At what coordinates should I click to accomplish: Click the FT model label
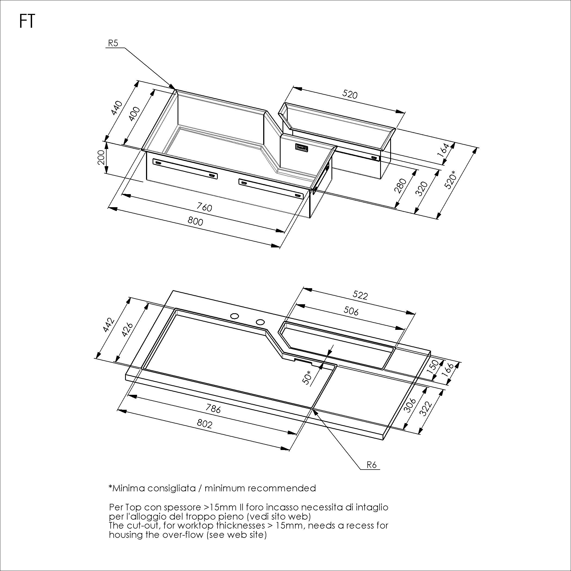27,21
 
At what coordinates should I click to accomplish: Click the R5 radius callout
113,43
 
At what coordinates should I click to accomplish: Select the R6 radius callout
371,465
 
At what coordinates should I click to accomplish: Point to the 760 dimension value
204,207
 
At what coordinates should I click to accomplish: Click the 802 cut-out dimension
204,424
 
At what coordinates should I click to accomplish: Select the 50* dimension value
307,377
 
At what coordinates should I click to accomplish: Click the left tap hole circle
235,316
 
